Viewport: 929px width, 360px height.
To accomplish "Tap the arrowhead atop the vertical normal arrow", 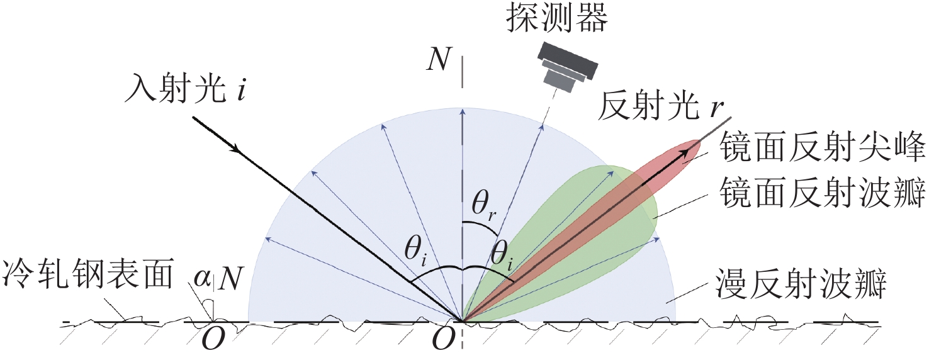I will tap(463, 111).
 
